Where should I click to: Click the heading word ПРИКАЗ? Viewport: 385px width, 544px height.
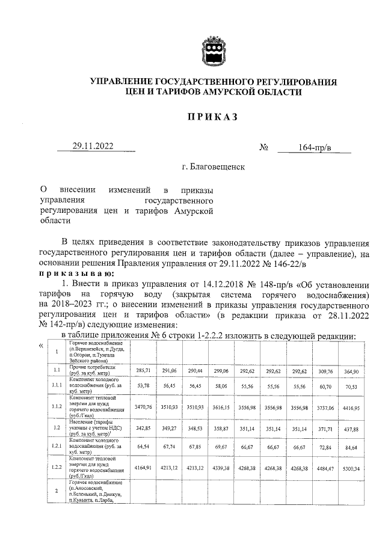(213, 117)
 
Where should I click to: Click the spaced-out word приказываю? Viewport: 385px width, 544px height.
(75, 272)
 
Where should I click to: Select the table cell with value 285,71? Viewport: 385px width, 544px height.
(144, 371)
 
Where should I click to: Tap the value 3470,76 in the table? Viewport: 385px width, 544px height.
(144, 408)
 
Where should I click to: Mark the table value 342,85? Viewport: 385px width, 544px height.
(144, 429)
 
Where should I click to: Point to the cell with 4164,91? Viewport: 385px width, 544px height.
(144, 466)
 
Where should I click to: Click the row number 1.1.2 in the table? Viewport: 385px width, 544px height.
(57, 407)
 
